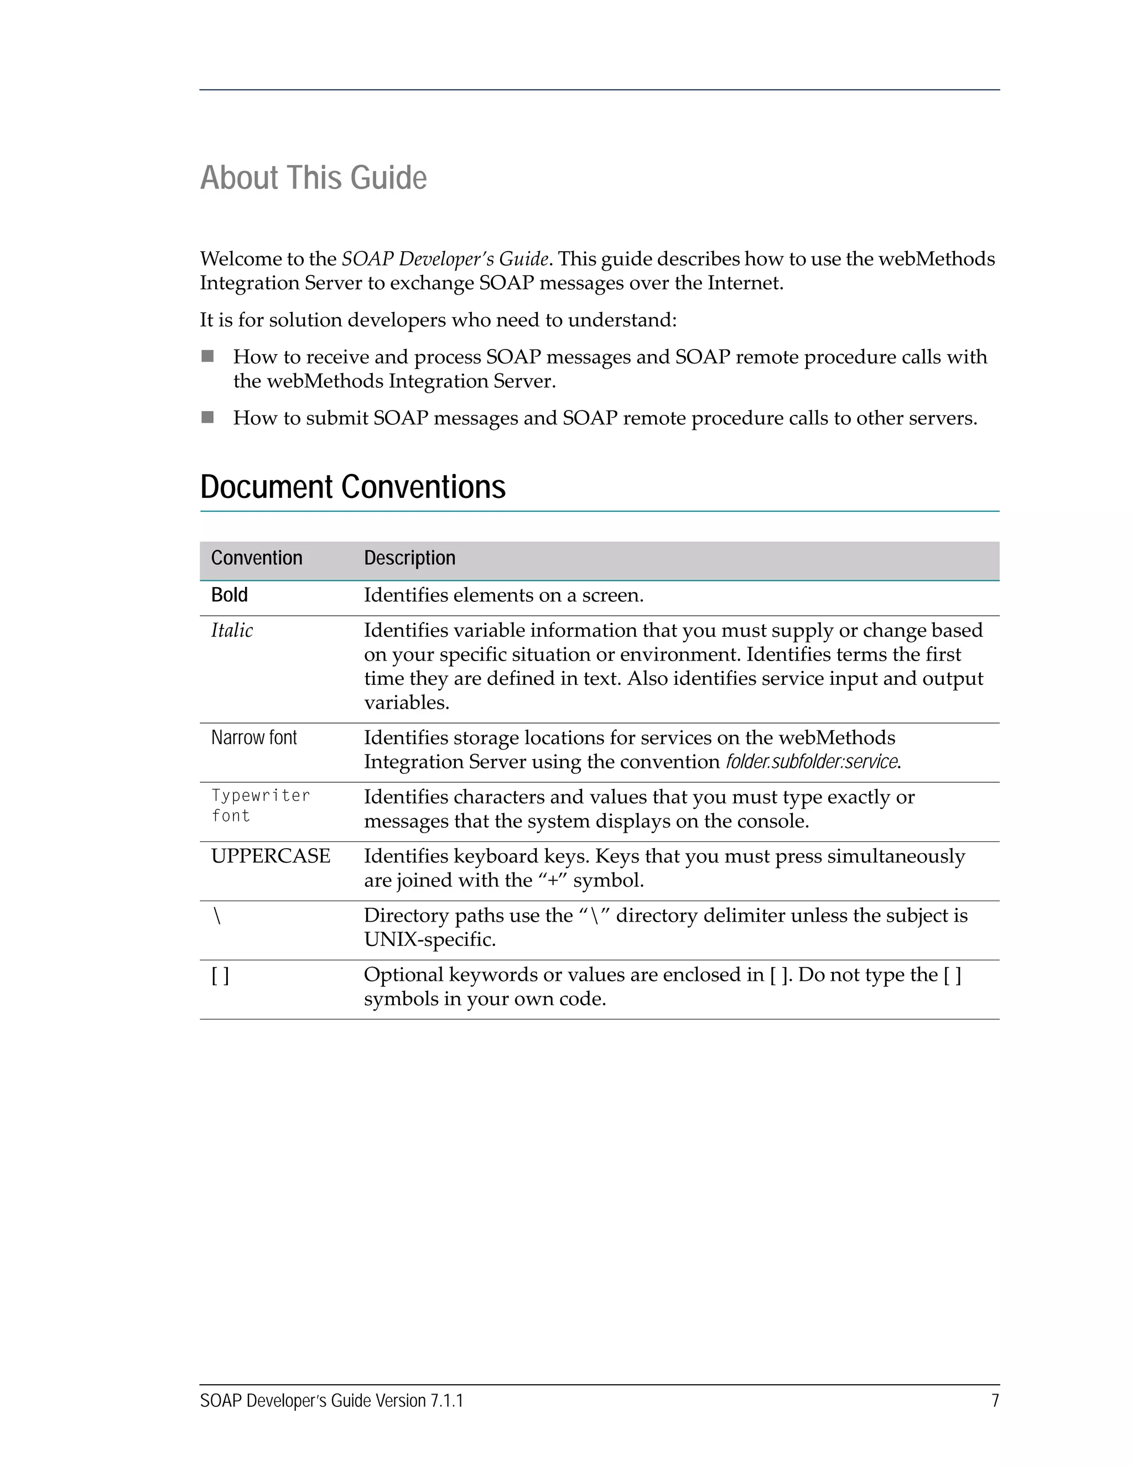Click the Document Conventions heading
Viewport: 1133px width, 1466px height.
tap(352, 487)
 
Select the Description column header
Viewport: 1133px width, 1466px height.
tap(409, 558)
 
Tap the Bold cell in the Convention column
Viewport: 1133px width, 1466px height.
tap(230, 595)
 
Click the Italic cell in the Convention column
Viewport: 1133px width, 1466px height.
tap(232, 630)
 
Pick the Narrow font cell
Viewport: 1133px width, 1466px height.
tap(254, 737)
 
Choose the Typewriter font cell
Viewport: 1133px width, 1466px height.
tap(260, 805)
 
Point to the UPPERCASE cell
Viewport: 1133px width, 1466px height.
tap(271, 856)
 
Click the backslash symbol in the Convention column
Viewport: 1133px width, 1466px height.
tap(217, 916)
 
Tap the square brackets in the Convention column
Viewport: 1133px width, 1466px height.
tap(220, 975)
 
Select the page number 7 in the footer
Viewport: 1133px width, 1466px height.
tap(995, 1401)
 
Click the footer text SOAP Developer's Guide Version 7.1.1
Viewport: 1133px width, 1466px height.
tap(331, 1401)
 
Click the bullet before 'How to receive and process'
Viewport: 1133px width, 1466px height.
tap(207, 356)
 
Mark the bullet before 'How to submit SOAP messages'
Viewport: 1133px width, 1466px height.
tap(207, 418)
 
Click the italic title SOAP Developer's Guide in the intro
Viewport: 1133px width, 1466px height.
tap(445, 259)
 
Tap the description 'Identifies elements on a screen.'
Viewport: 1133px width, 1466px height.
tap(503, 595)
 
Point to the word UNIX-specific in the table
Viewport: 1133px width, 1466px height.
tap(429, 939)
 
